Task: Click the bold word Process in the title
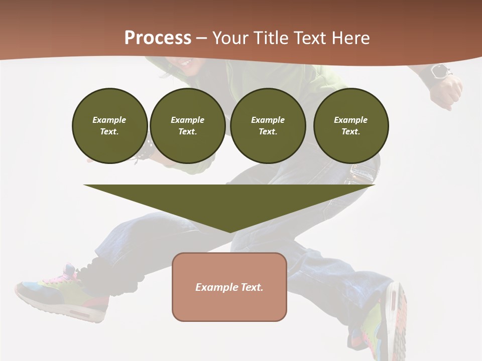click(x=158, y=38)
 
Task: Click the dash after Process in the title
click(x=201, y=39)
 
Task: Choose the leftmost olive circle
click(x=109, y=126)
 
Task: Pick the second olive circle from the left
click(x=187, y=126)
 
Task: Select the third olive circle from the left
click(x=268, y=126)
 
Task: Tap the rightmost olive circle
click(x=350, y=126)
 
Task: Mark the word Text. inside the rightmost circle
click(x=350, y=132)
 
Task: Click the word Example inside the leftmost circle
click(x=109, y=120)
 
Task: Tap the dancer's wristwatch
click(x=440, y=72)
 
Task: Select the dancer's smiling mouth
click(x=186, y=63)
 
